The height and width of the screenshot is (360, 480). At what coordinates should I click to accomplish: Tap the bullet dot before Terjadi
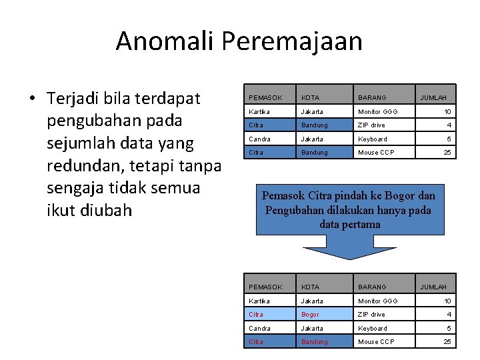[32, 99]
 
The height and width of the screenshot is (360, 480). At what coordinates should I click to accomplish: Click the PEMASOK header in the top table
[265, 98]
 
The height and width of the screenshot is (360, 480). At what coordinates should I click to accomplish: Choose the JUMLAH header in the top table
[433, 98]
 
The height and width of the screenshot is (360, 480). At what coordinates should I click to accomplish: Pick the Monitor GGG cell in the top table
[377, 111]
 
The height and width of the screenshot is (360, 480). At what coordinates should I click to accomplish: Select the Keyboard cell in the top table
[372, 139]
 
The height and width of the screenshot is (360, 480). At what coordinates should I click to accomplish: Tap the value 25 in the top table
[447, 152]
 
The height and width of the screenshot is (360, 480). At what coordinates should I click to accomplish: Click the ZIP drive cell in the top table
[371, 125]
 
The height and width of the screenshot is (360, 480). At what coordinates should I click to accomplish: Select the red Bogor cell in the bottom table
[310, 315]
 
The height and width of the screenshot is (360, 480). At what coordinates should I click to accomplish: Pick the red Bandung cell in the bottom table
[315, 342]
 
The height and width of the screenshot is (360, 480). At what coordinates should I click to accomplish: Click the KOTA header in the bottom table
[310, 287]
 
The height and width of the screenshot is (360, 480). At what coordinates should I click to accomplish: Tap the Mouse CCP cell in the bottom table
[376, 342]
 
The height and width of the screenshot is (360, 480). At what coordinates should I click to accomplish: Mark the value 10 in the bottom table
[447, 301]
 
